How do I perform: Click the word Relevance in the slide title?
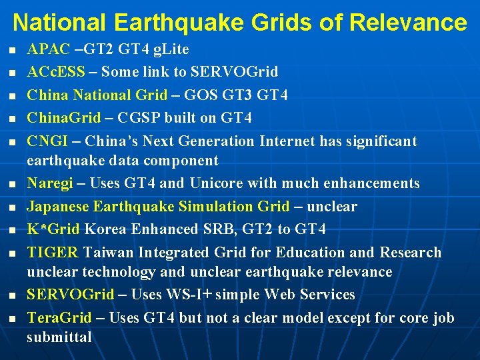[407, 23]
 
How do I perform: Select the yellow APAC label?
[48, 49]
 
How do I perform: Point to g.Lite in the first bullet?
[171, 49]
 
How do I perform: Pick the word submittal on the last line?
[59, 337]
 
